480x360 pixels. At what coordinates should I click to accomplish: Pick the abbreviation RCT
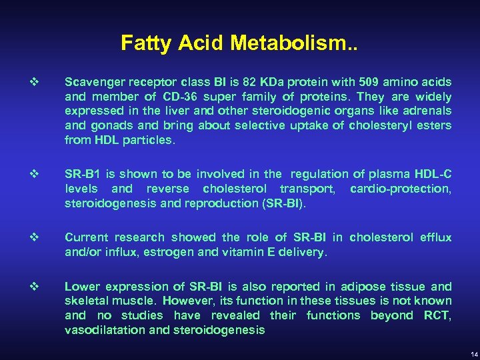click(x=437, y=315)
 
